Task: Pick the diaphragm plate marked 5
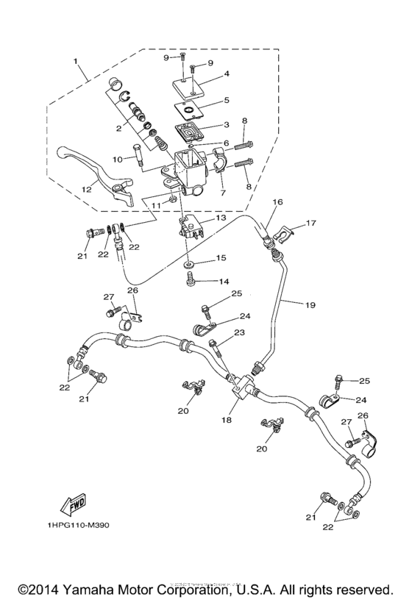(192, 110)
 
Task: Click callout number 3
(227, 125)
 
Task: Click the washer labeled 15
(191, 262)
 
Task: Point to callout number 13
(221, 218)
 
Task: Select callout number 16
(278, 201)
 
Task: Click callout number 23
(238, 333)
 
